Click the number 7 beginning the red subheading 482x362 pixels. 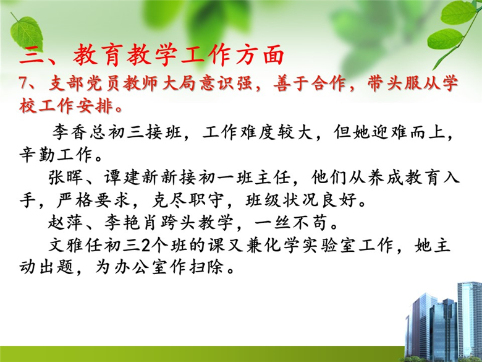point(23,84)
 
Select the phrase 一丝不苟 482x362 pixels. point(290,223)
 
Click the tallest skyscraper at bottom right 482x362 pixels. point(469,320)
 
